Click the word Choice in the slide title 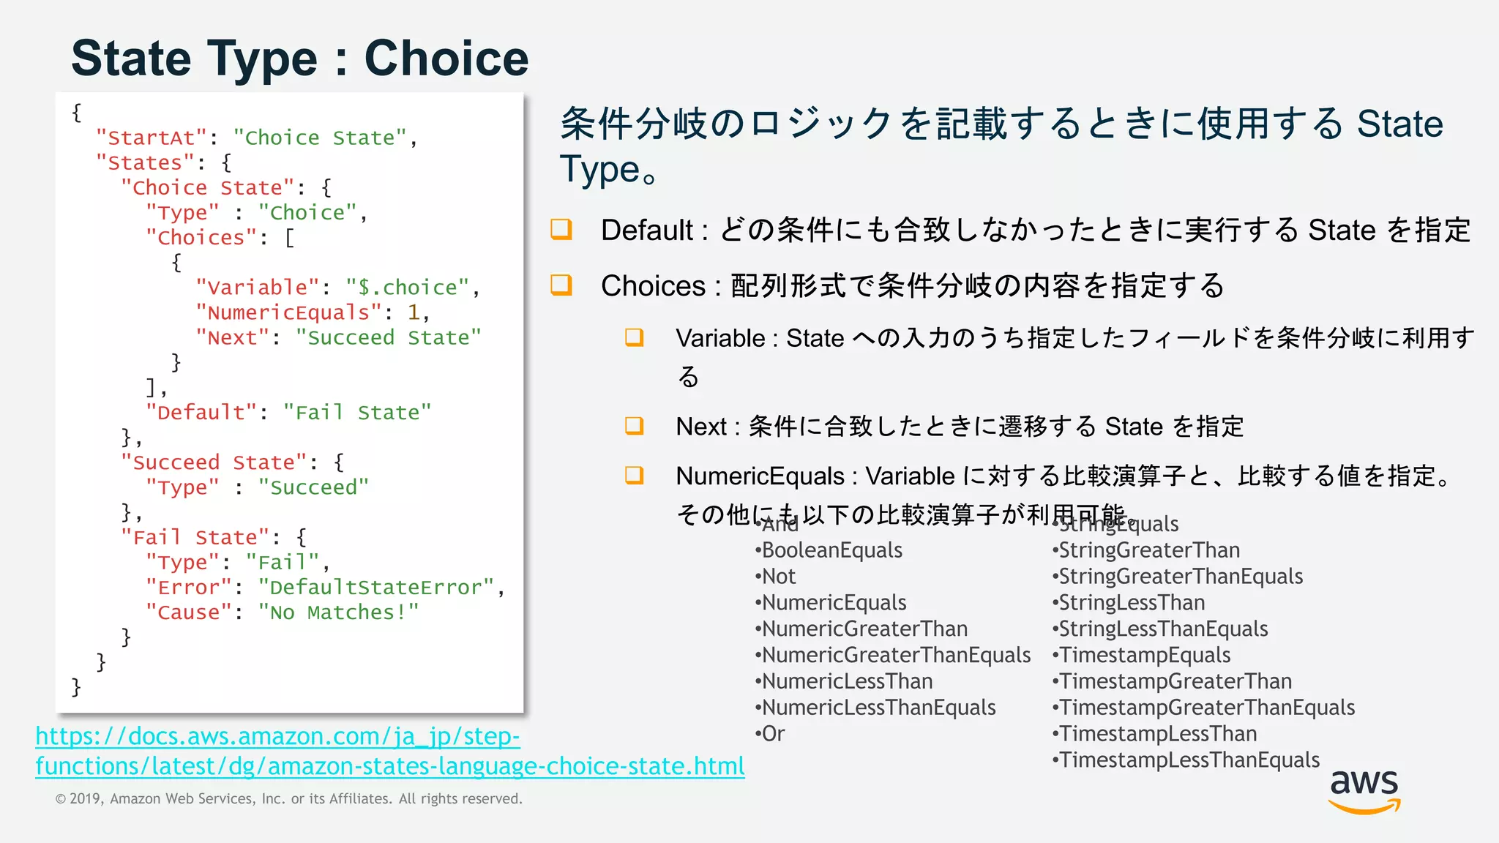(x=446, y=59)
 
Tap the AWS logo (x=1364, y=791)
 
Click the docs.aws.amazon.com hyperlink (x=389, y=751)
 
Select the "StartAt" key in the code (x=152, y=138)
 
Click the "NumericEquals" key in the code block (x=288, y=312)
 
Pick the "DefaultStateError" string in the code (x=375, y=587)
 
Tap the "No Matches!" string (x=338, y=612)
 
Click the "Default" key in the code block (x=201, y=413)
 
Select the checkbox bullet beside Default (x=561, y=229)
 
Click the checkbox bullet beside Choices (x=561, y=285)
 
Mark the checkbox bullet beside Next (x=635, y=426)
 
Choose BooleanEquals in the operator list (x=831, y=550)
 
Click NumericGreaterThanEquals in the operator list (x=896, y=655)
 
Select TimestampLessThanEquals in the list (x=1189, y=760)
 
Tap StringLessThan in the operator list (x=1131, y=603)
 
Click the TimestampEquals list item (x=1144, y=655)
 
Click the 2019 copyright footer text (x=289, y=799)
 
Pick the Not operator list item (x=778, y=577)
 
